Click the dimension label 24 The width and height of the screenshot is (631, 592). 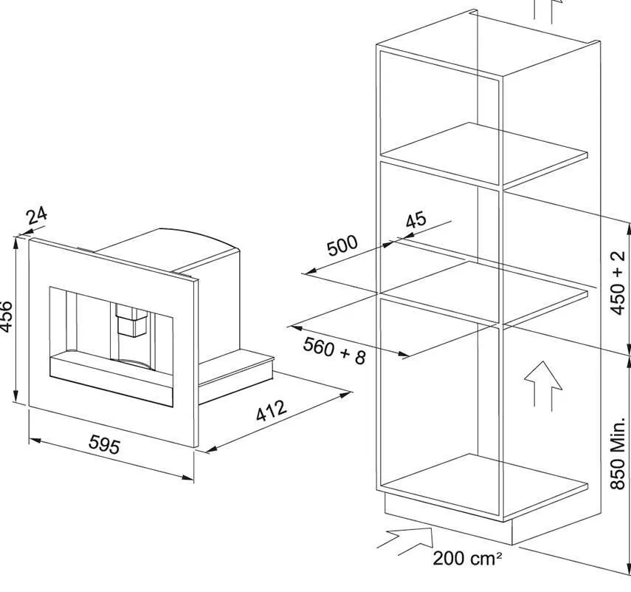[x=37, y=216]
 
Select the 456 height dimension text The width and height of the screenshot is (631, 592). [x=6, y=317]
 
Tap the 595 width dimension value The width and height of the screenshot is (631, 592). [x=104, y=445]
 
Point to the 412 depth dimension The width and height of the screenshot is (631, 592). [x=271, y=412]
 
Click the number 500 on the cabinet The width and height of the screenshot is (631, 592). [x=342, y=245]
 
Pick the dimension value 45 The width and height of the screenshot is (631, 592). [x=416, y=220]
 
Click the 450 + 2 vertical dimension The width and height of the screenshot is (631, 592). [x=618, y=283]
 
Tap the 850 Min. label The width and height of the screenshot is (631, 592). [x=618, y=452]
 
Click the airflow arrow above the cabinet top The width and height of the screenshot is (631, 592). [x=546, y=11]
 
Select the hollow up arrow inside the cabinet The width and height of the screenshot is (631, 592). [x=542, y=384]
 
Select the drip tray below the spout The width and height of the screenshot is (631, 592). [x=111, y=369]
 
